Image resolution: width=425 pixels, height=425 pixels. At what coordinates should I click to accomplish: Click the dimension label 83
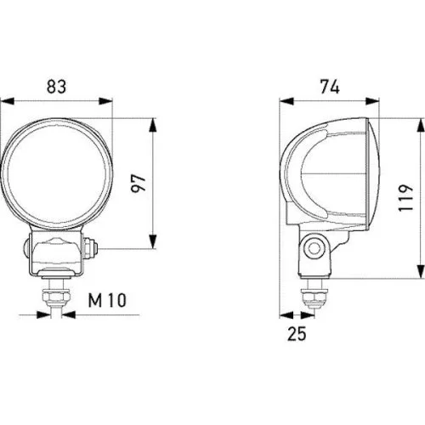[56, 87]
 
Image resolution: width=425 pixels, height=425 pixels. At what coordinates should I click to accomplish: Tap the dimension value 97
[139, 184]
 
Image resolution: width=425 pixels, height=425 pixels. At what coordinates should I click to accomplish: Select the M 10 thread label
[107, 300]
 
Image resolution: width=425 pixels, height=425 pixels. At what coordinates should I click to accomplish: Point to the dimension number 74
[330, 87]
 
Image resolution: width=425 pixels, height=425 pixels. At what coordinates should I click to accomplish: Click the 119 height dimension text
[405, 197]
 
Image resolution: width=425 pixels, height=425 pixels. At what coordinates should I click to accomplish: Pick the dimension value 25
[297, 333]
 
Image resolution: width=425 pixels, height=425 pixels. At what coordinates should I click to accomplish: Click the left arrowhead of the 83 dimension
[8, 101]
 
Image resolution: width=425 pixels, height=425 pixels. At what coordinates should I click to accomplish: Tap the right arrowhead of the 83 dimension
[105, 101]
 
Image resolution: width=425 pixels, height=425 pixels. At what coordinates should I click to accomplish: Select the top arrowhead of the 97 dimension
[153, 125]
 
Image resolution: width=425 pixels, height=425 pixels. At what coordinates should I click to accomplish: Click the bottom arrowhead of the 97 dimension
[153, 241]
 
